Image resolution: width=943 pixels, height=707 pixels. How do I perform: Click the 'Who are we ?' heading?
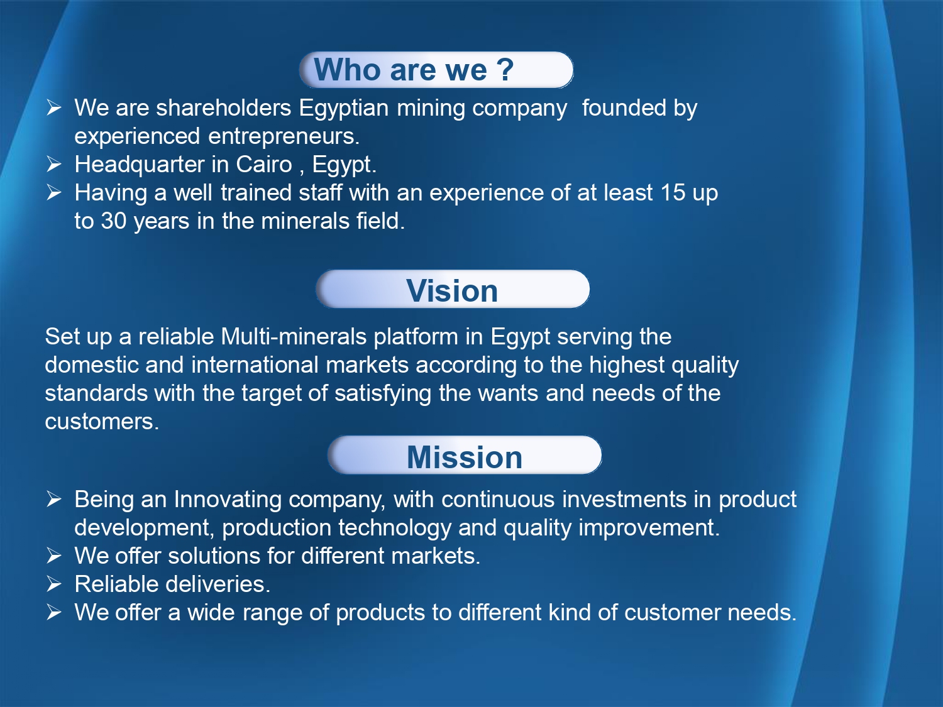[414, 69]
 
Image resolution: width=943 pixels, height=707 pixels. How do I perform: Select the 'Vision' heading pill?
[453, 289]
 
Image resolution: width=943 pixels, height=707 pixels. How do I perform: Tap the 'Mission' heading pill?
[465, 456]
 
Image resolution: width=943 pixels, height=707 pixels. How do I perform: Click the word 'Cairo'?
[264, 165]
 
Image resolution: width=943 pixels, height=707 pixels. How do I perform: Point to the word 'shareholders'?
[223, 107]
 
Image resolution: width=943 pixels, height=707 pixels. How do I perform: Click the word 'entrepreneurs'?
[284, 136]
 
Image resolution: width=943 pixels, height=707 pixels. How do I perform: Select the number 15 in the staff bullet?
[673, 192]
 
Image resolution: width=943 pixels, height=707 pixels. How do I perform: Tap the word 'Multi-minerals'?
[294, 336]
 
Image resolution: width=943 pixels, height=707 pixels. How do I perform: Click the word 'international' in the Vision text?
[256, 365]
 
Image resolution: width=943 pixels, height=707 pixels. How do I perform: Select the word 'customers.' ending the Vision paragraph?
[102, 422]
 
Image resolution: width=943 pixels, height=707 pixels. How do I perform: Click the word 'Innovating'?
[228, 499]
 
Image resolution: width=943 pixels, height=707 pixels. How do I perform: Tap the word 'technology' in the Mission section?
[394, 527]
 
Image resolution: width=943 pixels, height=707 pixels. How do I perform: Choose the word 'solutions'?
[214, 556]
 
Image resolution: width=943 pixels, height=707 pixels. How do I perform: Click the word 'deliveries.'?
[218, 584]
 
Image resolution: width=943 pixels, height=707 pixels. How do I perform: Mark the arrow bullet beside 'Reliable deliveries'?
[53, 584]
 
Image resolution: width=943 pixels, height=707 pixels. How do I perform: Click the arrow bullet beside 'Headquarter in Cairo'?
[53, 165]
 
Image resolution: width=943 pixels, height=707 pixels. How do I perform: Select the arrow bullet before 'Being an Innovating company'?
[53, 499]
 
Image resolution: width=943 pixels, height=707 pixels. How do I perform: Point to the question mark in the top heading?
[505, 69]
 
